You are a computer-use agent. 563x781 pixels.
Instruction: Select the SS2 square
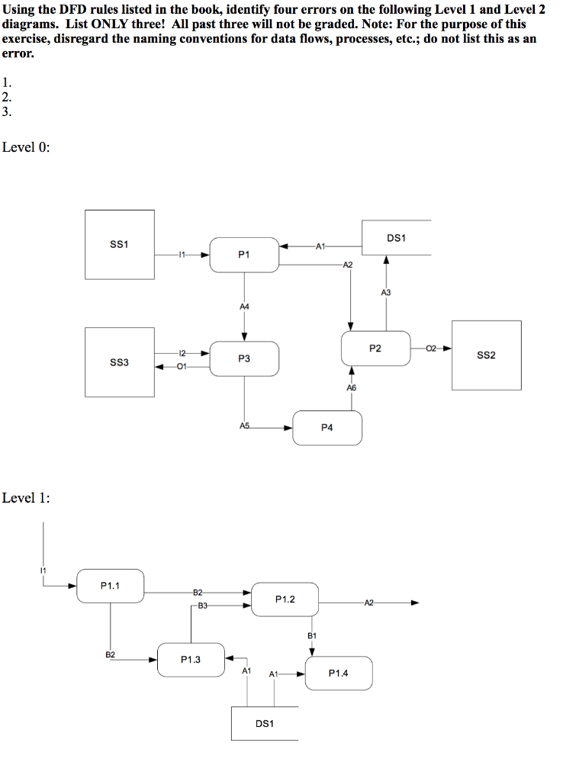tap(486, 355)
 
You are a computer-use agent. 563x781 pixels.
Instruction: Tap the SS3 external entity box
tap(120, 362)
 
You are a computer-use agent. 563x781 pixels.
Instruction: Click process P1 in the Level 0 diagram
tap(244, 254)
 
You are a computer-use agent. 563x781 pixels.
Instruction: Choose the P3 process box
tap(244, 358)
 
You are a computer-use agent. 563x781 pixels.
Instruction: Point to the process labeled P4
tap(327, 428)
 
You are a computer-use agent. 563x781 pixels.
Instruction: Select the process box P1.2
tap(285, 599)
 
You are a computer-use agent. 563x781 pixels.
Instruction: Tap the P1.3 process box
tap(191, 660)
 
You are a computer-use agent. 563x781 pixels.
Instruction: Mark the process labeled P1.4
tap(339, 673)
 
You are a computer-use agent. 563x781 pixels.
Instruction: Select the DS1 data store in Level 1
tap(264, 723)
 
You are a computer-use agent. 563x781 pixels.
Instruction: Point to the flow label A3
tap(385, 292)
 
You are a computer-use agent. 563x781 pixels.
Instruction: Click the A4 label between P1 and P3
tap(244, 306)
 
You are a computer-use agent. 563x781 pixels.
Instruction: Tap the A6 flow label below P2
tap(351, 388)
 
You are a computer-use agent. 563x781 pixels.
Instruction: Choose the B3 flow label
tap(202, 606)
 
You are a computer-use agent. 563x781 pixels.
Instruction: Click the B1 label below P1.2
tap(311, 635)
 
